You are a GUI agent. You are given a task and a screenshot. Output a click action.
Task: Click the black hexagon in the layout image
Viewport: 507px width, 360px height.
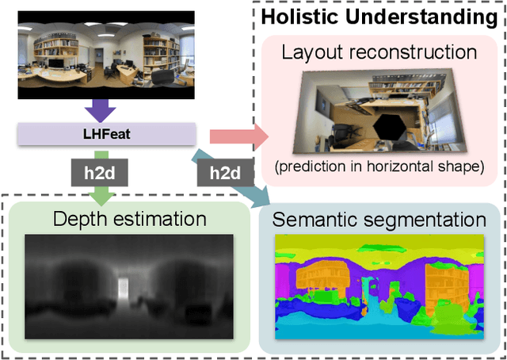(388, 126)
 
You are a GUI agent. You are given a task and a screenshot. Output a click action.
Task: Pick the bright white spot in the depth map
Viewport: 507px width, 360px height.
(124, 285)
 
